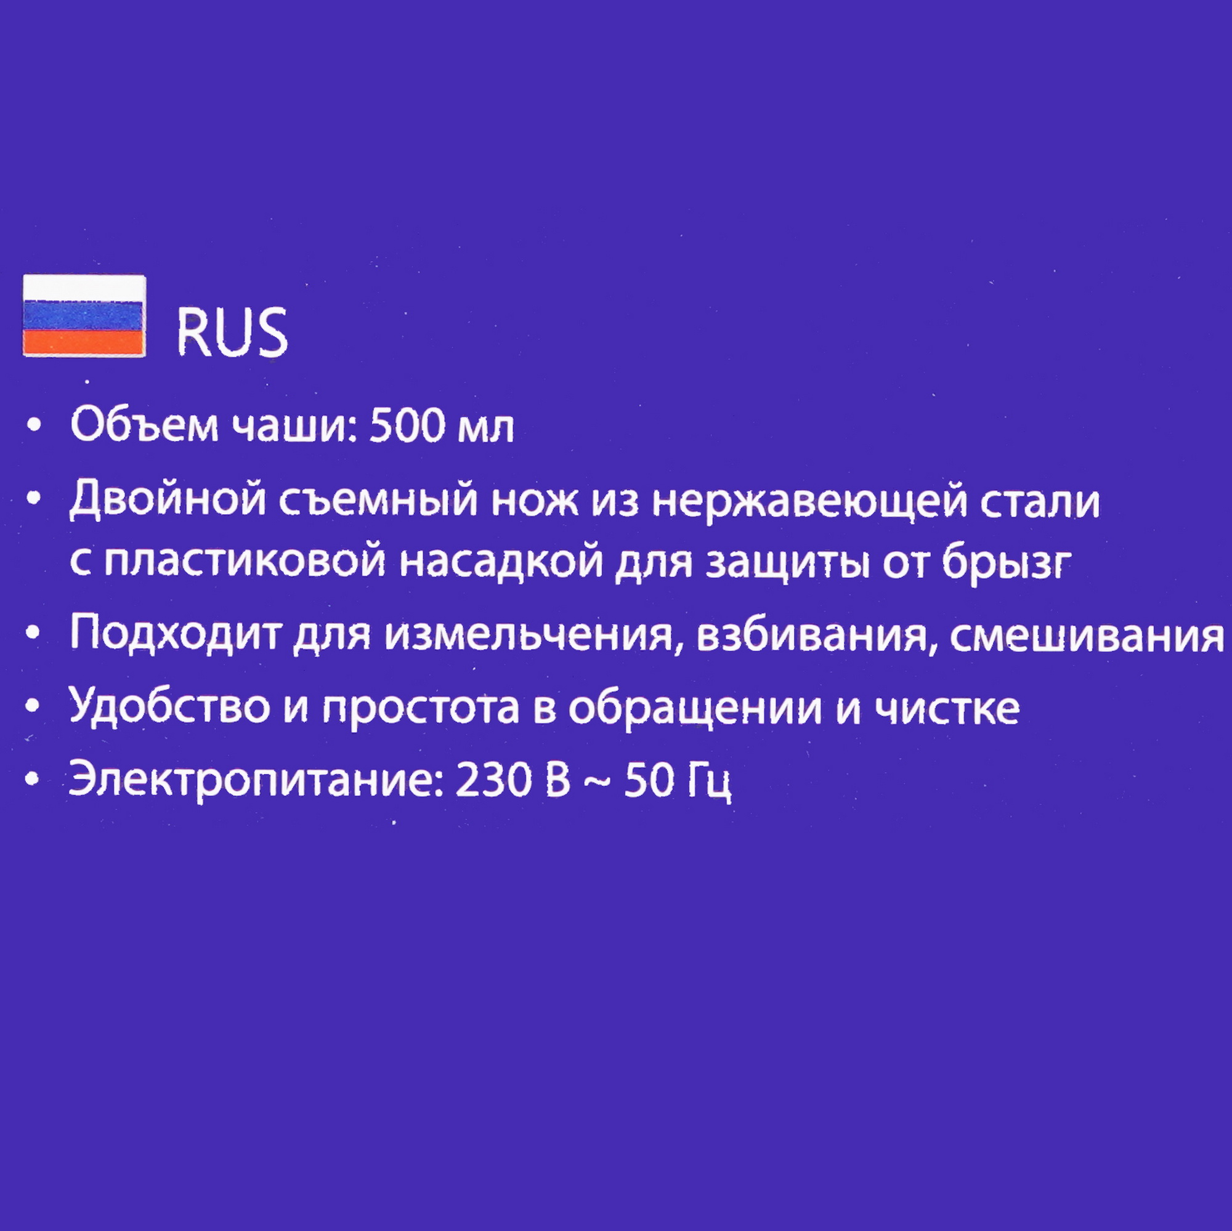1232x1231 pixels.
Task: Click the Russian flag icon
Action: (x=84, y=315)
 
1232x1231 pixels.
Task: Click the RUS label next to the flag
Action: (x=232, y=333)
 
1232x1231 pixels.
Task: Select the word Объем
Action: (x=144, y=425)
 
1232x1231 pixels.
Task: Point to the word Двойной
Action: (x=168, y=502)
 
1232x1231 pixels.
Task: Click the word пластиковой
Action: (x=245, y=562)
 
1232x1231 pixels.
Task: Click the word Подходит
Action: (x=175, y=635)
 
